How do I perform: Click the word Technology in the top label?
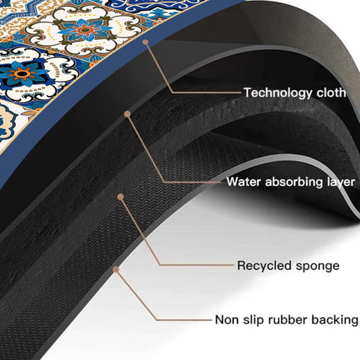[x=278, y=93]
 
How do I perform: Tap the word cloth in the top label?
[x=331, y=92]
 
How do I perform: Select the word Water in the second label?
[x=244, y=181]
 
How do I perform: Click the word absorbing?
[x=294, y=181]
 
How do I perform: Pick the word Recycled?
[x=265, y=265]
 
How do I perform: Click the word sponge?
[x=317, y=266]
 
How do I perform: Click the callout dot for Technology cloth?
[x=145, y=42]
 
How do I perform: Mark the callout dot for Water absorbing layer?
[x=127, y=114]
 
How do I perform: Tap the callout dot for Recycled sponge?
[x=121, y=197]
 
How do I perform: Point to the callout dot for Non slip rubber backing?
[x=115, y=269]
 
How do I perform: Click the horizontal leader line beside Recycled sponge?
[x=197, y=265]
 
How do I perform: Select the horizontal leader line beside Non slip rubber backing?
[x=184, y=319]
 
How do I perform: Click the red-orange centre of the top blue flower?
[x=85, y=31]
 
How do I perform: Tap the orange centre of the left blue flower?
[x=22, y=73]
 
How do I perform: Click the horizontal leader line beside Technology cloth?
[x=206, y=92]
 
